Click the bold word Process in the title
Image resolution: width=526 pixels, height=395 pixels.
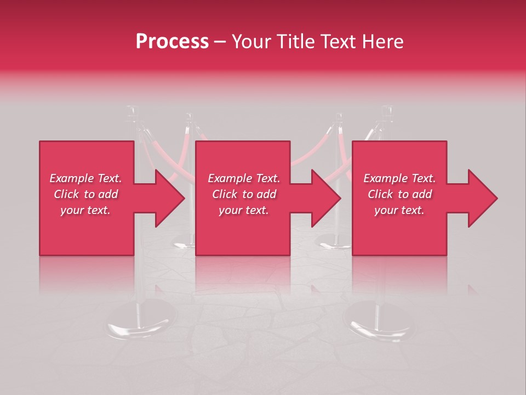[x=172, y=41]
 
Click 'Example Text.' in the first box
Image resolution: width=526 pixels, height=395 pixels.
[x=85, y=178]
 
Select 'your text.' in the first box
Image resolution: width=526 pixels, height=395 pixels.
[x=85, y=210]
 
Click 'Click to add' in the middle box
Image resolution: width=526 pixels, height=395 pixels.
[x=244, y=194]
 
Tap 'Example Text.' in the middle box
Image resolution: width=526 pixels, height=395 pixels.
[x=244, y=178]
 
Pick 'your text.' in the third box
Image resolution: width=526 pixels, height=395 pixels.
[x=399, y=210]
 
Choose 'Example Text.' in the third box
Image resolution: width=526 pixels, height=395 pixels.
[x=399, y=178]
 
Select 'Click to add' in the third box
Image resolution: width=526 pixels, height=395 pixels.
[x=399, y=194]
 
